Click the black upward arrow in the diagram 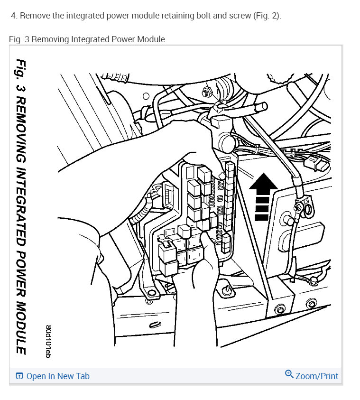pyautogui.click(x=264, y=195)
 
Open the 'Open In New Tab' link pyautogui.click(x=57, y=376)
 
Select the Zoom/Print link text pyautogui.click(x=317, y=376)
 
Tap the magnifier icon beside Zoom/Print pyautogui.click(x=289, y=374)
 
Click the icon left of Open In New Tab pyautogui.click(x=19, y=376)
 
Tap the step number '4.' pyautogui.click(x=14, y=16)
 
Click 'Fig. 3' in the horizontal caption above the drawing pyautogui.click(x=18, y=39)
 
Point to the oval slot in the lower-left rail pyautogui.click(x=155, y=325)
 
